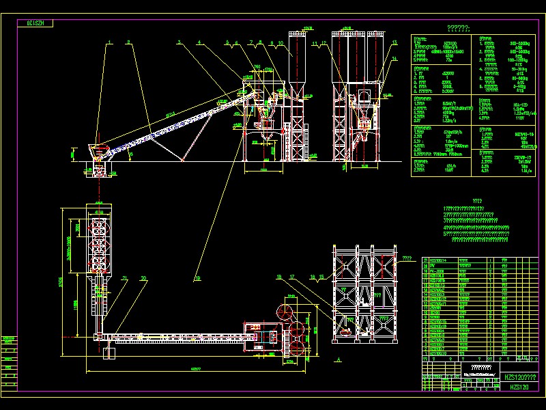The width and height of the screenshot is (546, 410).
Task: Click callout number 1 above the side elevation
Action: click(x=109, y=43)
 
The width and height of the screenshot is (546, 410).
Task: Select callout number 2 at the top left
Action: click(x=128, y=43)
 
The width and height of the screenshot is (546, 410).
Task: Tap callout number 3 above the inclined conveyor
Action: click(x=179, y=43)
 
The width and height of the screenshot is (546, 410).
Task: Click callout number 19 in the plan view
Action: click(x=198, y=278)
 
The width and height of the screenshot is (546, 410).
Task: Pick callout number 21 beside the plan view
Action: click(x=125, y=278)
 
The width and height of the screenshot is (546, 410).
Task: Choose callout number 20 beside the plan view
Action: click(x=143, y=278)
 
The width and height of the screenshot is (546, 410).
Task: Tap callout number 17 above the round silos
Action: click(x=292, y=277)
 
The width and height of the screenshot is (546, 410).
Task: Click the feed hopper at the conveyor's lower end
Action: click(x=100, y=151)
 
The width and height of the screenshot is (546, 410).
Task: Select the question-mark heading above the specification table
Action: click(x=457, y=28)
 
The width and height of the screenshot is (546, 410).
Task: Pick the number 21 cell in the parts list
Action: click(x=427, y=260)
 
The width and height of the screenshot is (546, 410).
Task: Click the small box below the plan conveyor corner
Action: click(x=109, y=353)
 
